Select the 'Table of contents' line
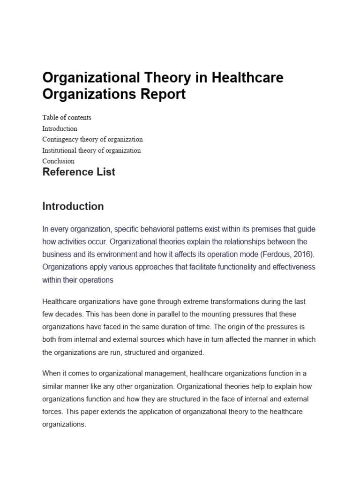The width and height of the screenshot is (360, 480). [x=67, y=117]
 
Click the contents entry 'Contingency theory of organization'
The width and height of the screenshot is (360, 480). [x=92, y=139]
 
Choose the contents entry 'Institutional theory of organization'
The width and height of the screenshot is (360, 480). [x=91, y=150]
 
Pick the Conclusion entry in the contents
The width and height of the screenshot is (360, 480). [x=58, y=161]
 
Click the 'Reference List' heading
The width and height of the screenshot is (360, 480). [x=79, y=172]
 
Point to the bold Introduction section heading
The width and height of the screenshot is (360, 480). [x=73, y=206]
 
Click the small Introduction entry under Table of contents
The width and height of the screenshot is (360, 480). [x=60, y=128]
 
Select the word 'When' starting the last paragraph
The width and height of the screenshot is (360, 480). [x=51, y=374]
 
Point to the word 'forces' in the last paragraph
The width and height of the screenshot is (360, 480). [x=52, y=411]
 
